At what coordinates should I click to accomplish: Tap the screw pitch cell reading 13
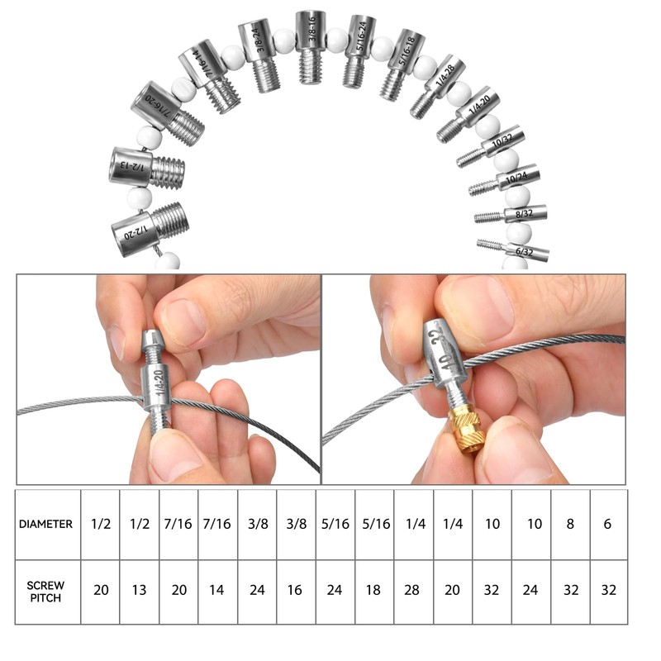pyautogui.click(x=140, y=592)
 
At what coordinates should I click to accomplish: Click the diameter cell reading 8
pyautogui.click(x=570, y=524)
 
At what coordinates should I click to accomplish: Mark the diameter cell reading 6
pyautogui.click(x=608, y=524)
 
